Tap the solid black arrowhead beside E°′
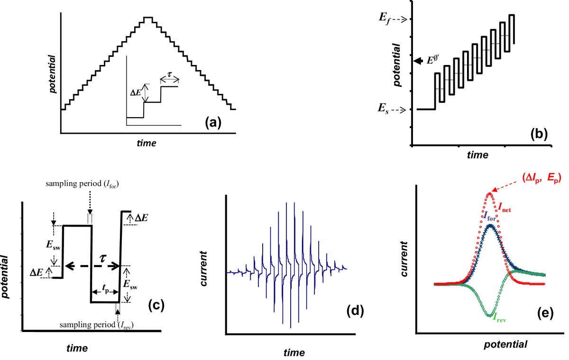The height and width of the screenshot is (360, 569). pyautogui.click(x=418, y=61)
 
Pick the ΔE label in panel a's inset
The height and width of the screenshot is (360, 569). pyautogui.click(x=136, y=93)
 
